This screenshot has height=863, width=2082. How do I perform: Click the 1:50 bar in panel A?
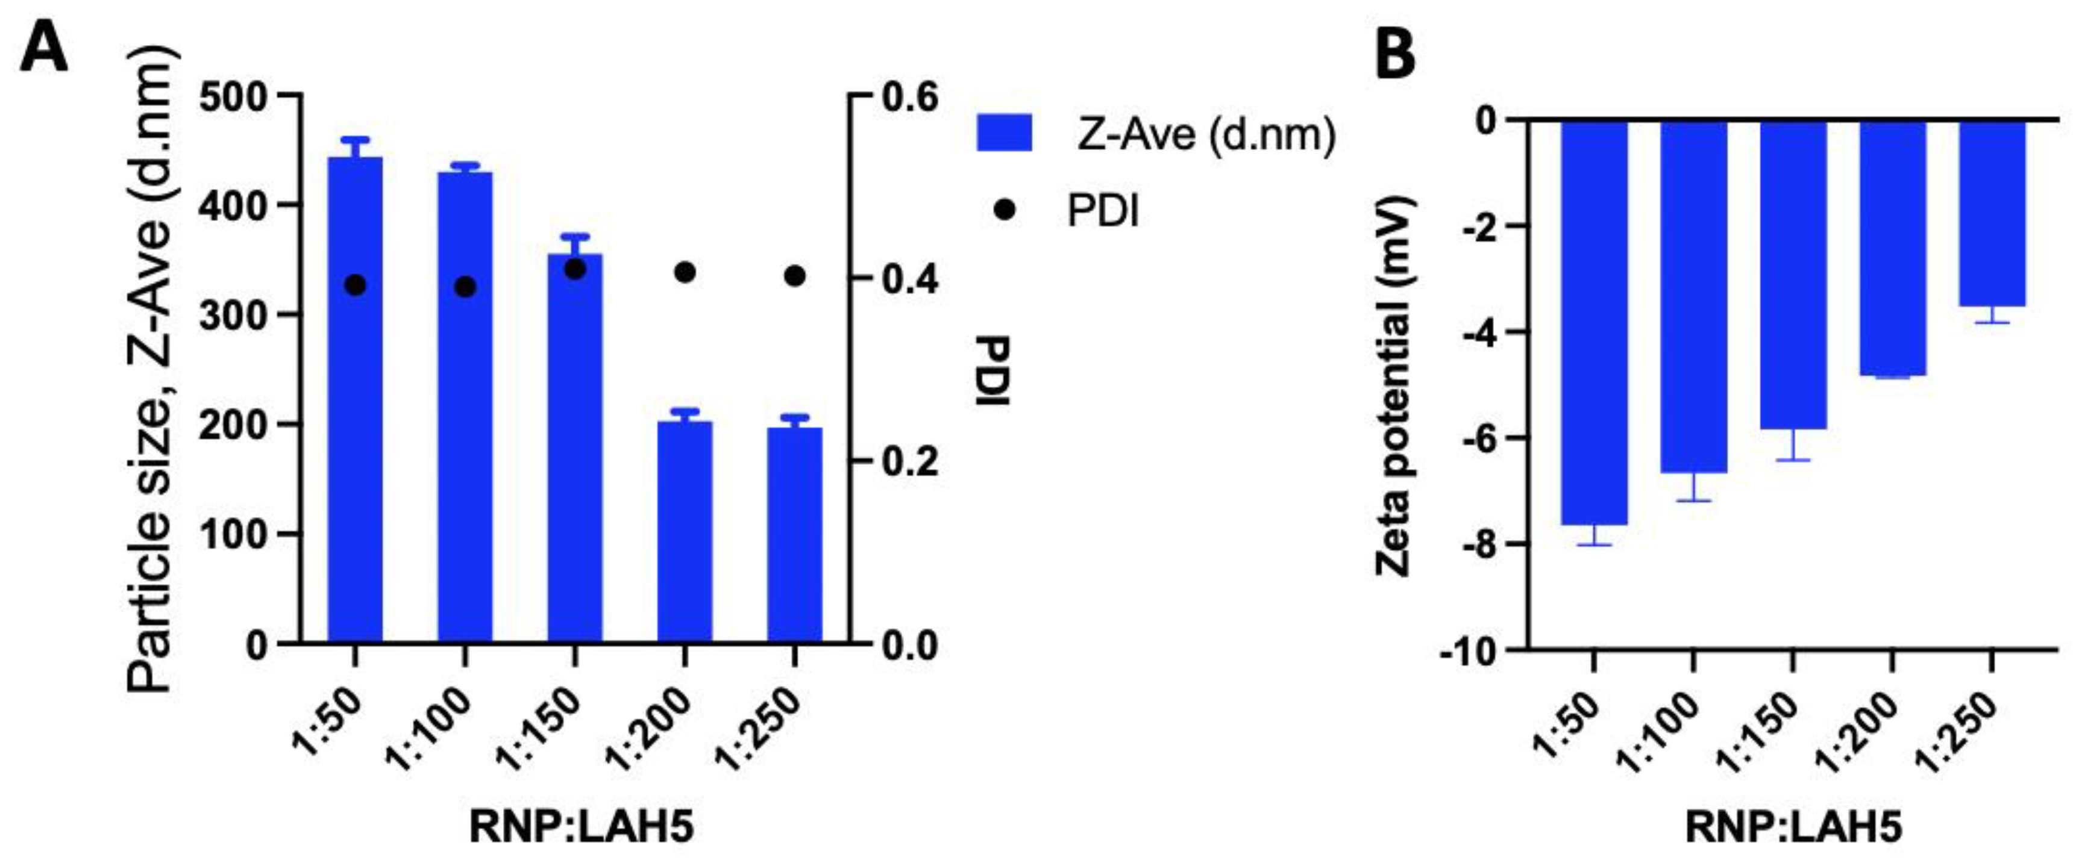click(355, 404)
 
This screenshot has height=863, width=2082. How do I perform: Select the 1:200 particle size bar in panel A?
click(685, 534)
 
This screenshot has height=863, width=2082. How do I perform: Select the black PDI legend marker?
click(1005, 211)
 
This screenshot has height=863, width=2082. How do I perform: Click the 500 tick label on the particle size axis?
click(233, 98)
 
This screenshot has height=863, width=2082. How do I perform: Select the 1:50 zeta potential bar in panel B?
click(1594, 323)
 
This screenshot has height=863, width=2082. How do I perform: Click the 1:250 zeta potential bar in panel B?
click(1992, 214)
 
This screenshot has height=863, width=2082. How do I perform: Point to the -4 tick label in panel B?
click(1479, 332)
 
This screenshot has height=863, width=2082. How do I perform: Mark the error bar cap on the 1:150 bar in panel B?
click(1793, 460)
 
